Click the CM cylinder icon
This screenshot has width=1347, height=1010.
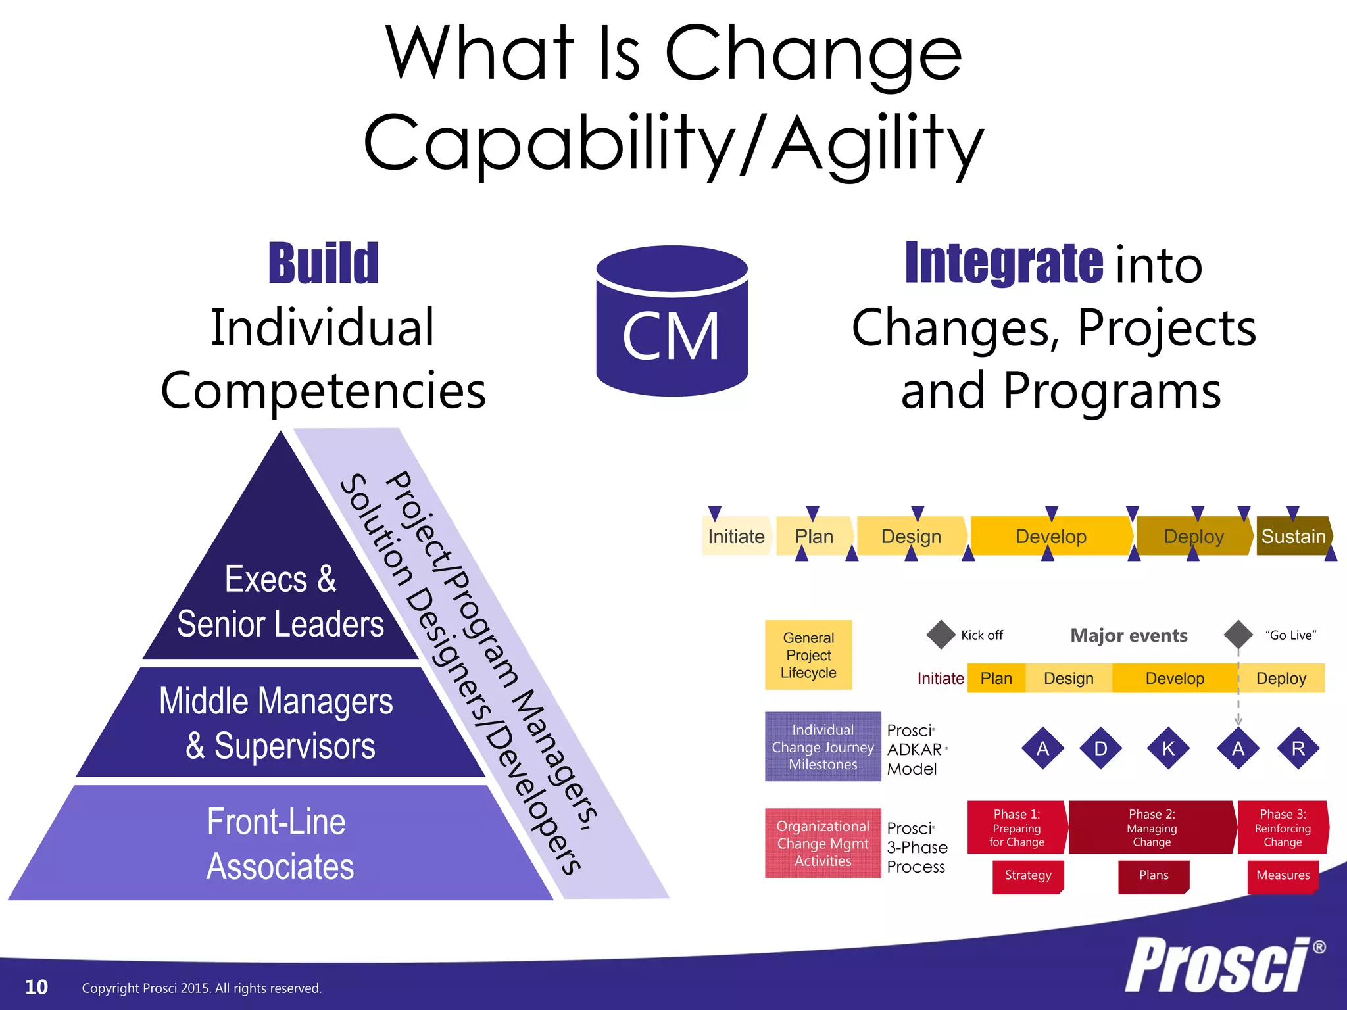pyautogui.click(x=672, y=322)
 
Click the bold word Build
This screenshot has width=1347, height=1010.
pyautogui.click(x=324, y=264)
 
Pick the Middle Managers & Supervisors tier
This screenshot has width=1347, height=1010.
pyautogui.click(x=277, y=723)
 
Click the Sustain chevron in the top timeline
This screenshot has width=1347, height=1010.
pyautogui.click(x=1293, y=537)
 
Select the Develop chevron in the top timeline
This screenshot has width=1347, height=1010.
pyautogui.click(x=1051, y=537)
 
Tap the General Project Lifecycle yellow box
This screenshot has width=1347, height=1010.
pyautogui.click(x=808, y=655)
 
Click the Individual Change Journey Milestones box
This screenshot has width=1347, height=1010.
pyautogui.click(x=823, y=747)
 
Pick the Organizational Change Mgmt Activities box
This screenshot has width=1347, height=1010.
pyautogui.click(x=823, y=843)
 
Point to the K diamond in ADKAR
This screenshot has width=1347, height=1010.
pyautogui.click(x=1168, y=748)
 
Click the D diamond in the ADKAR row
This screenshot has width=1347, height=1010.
pyautogui.click(x=1100, y=748)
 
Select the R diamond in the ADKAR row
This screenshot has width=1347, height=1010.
pyautogui.click(x=1298, y=748)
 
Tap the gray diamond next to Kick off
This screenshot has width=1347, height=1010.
pyautogui.click(x=941, y=635)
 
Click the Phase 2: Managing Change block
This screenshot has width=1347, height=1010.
pyautogui.click(x=1152, y=827)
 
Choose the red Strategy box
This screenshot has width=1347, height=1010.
pyautogui.click(x=1028, y=876)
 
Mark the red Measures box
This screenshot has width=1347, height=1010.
pyautogui.click(x=1283, y=876)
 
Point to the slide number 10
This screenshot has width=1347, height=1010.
pyautogui.click(x=36, y=987)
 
